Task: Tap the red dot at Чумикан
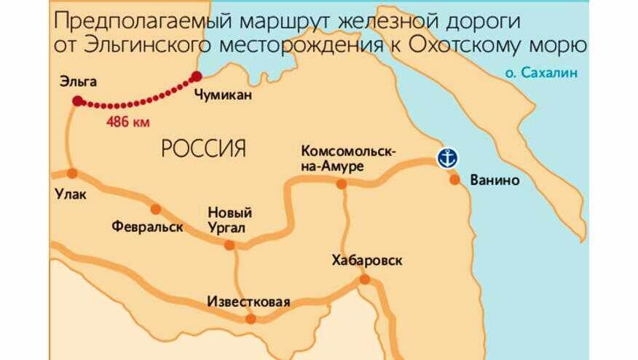pyautogui.click(x=196, y=76)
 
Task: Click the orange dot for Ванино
pyautogui.click(x=454, y=179)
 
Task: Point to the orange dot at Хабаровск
pyautogui.click(x=365, y=279)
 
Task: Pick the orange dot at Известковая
pyautogui.click(x=251, y=318)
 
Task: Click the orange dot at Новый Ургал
pyautogui.click(x=229, y=246)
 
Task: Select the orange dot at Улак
pyautogui.click(x=71, y=173)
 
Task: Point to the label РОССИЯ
pyautogui.click(x=203, y=149)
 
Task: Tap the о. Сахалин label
pyautogui.click(x=535, y=72)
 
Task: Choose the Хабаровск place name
pyautogui.click(x=366, y=260)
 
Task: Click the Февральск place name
pyautogui.click(x=143, y=226)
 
